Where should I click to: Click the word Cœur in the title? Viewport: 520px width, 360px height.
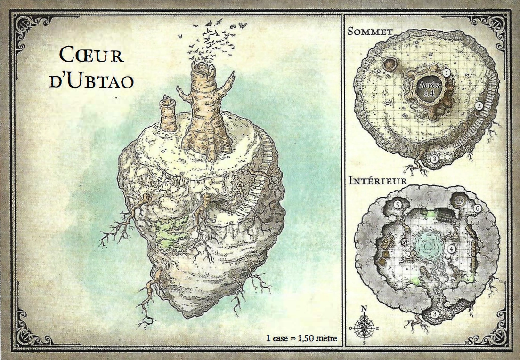coord(92,56)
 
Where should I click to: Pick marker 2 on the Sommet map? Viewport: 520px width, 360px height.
coord(479,106)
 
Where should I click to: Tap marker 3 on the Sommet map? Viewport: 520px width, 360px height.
coord(434,159)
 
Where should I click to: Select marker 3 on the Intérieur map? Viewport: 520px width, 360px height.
coord(435,314)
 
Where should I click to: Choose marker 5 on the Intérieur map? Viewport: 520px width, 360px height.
coord(398,205)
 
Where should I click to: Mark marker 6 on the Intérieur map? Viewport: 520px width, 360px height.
coord(477,208)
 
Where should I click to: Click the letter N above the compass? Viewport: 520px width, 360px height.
coord(364,309)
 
